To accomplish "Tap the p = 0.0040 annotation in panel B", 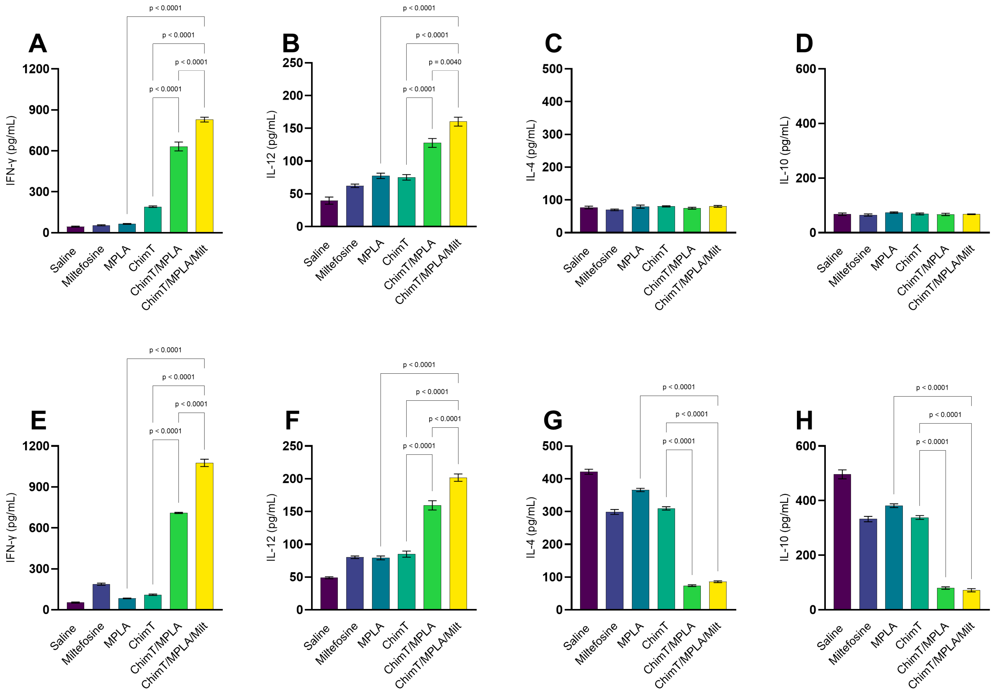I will click(x=445, y=62).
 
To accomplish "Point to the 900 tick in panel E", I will click(x=39, y=487).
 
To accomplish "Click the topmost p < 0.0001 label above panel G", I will click(x=679, y=387).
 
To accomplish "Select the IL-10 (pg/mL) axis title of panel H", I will click(x=784, y=527).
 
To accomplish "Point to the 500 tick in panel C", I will click(x=552, y=69).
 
